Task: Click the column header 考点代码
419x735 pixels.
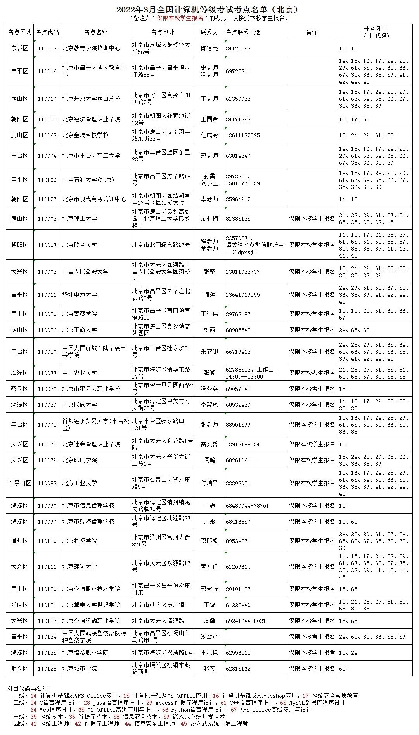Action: pyautogui.click(x=47, y=33)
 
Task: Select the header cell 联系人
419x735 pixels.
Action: pyautogui.click(x=209, y=33)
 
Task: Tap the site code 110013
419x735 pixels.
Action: pyautogui.click(x=47, y=48)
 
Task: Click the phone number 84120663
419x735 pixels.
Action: pyautogui.click(x=238, y=48)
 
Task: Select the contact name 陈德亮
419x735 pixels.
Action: pyautogui.click(x=209, y=48)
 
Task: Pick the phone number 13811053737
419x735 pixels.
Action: pyautogui.click(x=242, y=272)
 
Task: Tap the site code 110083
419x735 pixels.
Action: pyautogui.click(x=47, y=483)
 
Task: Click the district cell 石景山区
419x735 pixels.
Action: pyautogui.click(x=20, y=483)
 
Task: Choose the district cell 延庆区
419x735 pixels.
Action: pyautogui.click(x=20, y=605)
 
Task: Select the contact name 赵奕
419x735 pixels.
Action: pyautogui.click(x=209, y=668)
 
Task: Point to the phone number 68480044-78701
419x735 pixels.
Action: pyautogui.click(x=247, y=506)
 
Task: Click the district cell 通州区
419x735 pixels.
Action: pyautogui.click(x=20, y=541)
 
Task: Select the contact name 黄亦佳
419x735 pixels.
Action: pyautogui.click(x=209, y=566)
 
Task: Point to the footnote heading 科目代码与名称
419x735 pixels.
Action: pyautogui.click(x=27, y=688)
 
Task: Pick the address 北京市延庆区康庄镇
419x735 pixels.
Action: pyautogui.click(x=158, y=605)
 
